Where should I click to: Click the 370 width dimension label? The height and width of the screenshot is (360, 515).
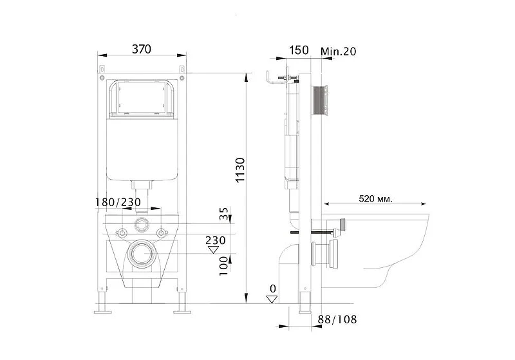pos(142,50)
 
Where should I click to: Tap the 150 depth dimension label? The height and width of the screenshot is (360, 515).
pos(299,50)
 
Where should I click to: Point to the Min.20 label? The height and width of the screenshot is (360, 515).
pos(339,52)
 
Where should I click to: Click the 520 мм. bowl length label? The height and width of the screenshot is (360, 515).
pos(375,199)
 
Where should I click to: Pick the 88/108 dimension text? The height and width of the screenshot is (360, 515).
pos(337,319)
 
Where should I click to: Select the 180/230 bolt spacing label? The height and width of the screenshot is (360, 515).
pos(118,202)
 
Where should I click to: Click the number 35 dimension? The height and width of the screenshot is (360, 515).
pos(223,214)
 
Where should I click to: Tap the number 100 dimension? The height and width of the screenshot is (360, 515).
pos(223,267)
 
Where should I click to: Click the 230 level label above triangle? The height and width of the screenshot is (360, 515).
pos(216,240)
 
